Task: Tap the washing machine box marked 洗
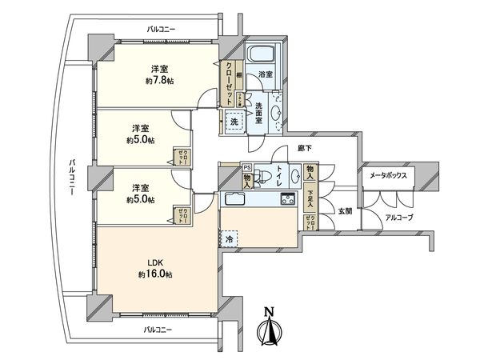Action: [x=234, y=122]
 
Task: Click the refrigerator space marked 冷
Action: [x=230, y=238]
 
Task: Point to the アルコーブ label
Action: [x=398, y=217]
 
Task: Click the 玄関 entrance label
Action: [x=344, y=211]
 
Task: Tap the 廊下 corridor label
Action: [x=304, y=148]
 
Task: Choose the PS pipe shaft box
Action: [x=247, y=168]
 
